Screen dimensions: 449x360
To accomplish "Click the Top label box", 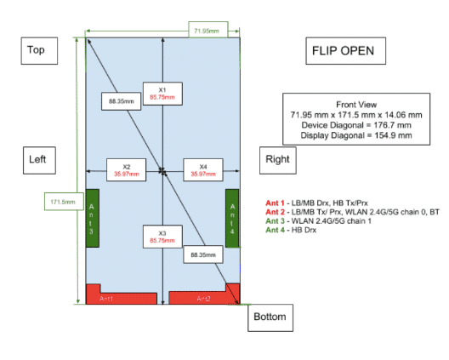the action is pos(39,51).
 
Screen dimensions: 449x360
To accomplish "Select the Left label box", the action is pos(39,160).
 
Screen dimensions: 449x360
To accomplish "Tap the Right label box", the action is pos(278,160).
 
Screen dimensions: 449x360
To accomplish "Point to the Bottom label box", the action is pos(270,317).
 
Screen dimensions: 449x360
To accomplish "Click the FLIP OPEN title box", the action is pos(345,51).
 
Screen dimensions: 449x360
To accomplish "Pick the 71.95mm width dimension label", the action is pos(207,30).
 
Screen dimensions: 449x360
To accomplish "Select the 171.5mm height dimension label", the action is pos(64,202).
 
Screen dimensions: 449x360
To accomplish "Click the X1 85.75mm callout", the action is pos(162,94).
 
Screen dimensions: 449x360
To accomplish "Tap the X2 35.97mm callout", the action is pos(126,170).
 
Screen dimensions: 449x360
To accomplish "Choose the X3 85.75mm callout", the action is pos(162,237).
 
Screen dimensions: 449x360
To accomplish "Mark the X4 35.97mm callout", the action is pos(203,170).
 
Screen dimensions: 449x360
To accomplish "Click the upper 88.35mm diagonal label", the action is pos(121,101).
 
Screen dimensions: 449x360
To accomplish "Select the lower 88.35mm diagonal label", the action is pos(203,254).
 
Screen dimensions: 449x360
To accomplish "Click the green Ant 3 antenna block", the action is pos(92,218).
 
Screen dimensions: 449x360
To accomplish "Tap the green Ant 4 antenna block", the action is pos(232,218).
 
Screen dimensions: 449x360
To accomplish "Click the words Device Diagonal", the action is pos(332,125).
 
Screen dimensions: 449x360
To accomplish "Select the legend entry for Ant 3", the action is pos(318,221).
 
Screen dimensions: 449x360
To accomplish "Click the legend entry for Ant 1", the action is pos(316,203).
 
